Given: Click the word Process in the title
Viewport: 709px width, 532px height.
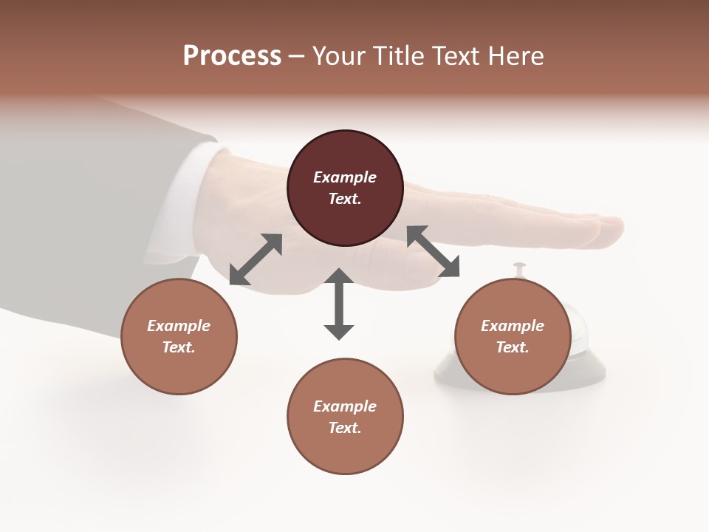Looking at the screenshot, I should [x=232, y=56].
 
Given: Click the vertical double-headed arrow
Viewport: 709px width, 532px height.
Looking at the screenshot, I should [x=339, y=304].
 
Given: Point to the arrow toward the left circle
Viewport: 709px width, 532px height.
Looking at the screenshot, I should [x=256, y=259].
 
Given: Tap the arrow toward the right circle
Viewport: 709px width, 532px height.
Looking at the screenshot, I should [x=434, y=252].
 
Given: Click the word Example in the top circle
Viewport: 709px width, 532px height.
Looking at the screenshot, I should [x=345, y=177].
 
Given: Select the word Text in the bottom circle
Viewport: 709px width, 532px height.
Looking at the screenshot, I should [x=343, y=428].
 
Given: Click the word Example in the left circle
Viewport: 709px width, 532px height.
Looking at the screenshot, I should [x=179, y=326].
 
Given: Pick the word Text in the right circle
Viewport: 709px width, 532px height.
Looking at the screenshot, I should [x=511, y=347].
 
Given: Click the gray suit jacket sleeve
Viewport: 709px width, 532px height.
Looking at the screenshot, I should [x=74, y=222].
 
